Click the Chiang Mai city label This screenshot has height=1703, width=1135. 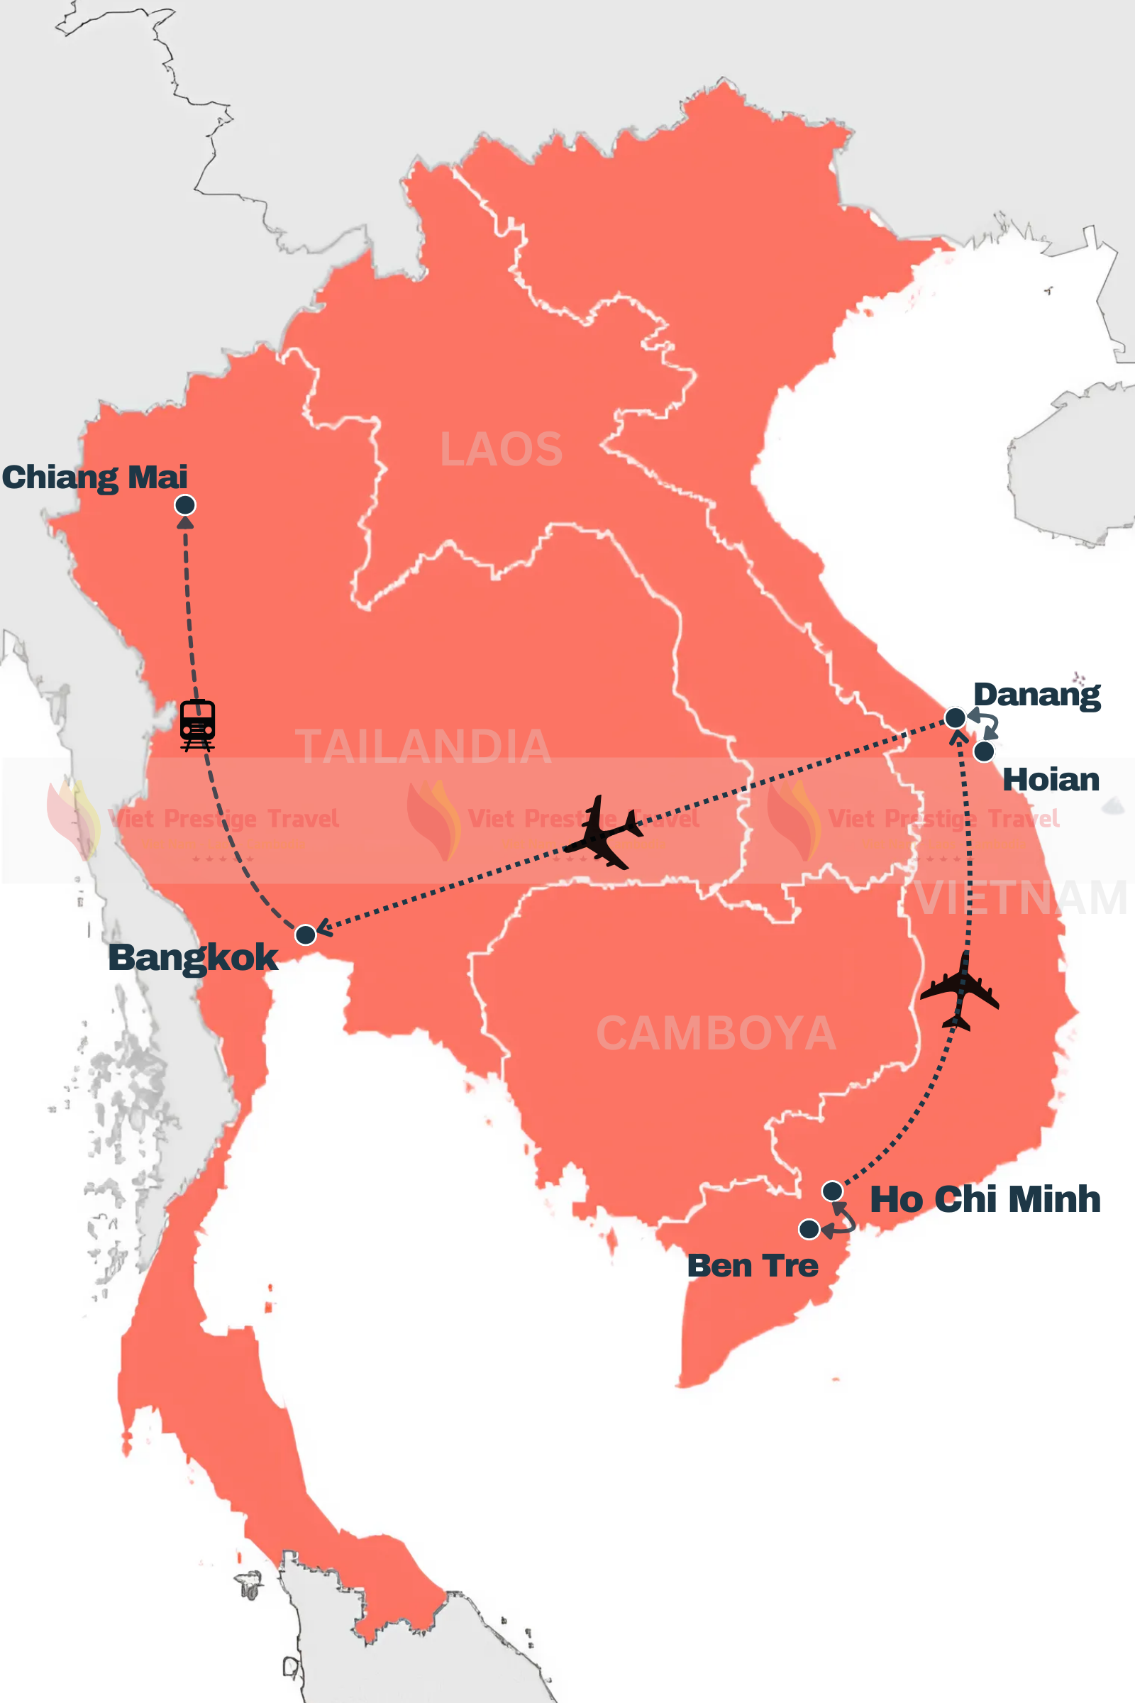(x=94, y=478)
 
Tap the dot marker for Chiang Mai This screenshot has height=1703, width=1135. (x=185, y=505)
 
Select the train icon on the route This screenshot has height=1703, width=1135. (x=198, y=724)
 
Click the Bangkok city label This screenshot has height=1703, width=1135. (x=192, y=957)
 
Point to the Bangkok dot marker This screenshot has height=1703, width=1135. (x=306, y=935)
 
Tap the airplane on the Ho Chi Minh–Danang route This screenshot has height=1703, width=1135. (x=960, y=991)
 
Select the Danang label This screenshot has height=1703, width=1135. (x=1036, y=695)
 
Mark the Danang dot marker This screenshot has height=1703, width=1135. (x=956, y=717)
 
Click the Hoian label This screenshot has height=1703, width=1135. (x=1051, y=780)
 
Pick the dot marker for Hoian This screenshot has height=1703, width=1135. (x=984, y=751)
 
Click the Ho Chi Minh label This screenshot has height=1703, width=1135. (x=985, y=1200)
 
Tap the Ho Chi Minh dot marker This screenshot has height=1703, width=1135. (x=832, y=1191)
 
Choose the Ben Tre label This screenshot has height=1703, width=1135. (x=752, y=1266)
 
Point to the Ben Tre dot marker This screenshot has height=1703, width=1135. (x=809, y=1229)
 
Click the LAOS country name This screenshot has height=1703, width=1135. (x=501, y=450)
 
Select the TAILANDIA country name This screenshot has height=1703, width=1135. (x=423, y=746)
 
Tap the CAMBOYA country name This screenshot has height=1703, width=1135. (x=716, y=1033)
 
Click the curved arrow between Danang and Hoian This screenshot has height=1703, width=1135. (x=987, y=723)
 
